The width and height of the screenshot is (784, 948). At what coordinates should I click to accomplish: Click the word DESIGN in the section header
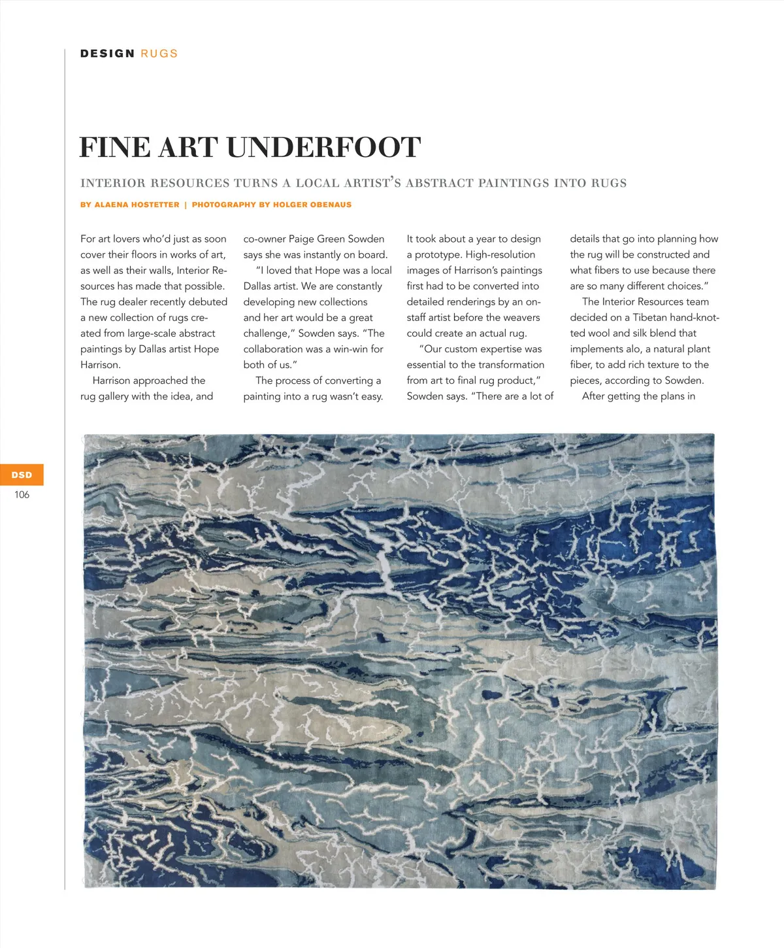(x=107, y=54)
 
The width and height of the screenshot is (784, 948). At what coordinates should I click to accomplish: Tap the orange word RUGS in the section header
(x=159, y=54)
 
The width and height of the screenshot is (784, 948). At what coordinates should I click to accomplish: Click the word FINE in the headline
(x=114, y=147)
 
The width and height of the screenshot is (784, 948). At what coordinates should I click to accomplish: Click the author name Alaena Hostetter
(x=137, y=205)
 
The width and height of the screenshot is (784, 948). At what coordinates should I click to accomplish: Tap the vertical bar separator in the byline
(x=186, y=205)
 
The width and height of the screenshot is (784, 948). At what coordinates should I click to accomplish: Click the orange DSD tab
(x=22, y=475)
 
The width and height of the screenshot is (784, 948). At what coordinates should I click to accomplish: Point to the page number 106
(x=22, y=495)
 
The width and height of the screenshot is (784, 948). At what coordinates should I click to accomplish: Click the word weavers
(x=521, y=318)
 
